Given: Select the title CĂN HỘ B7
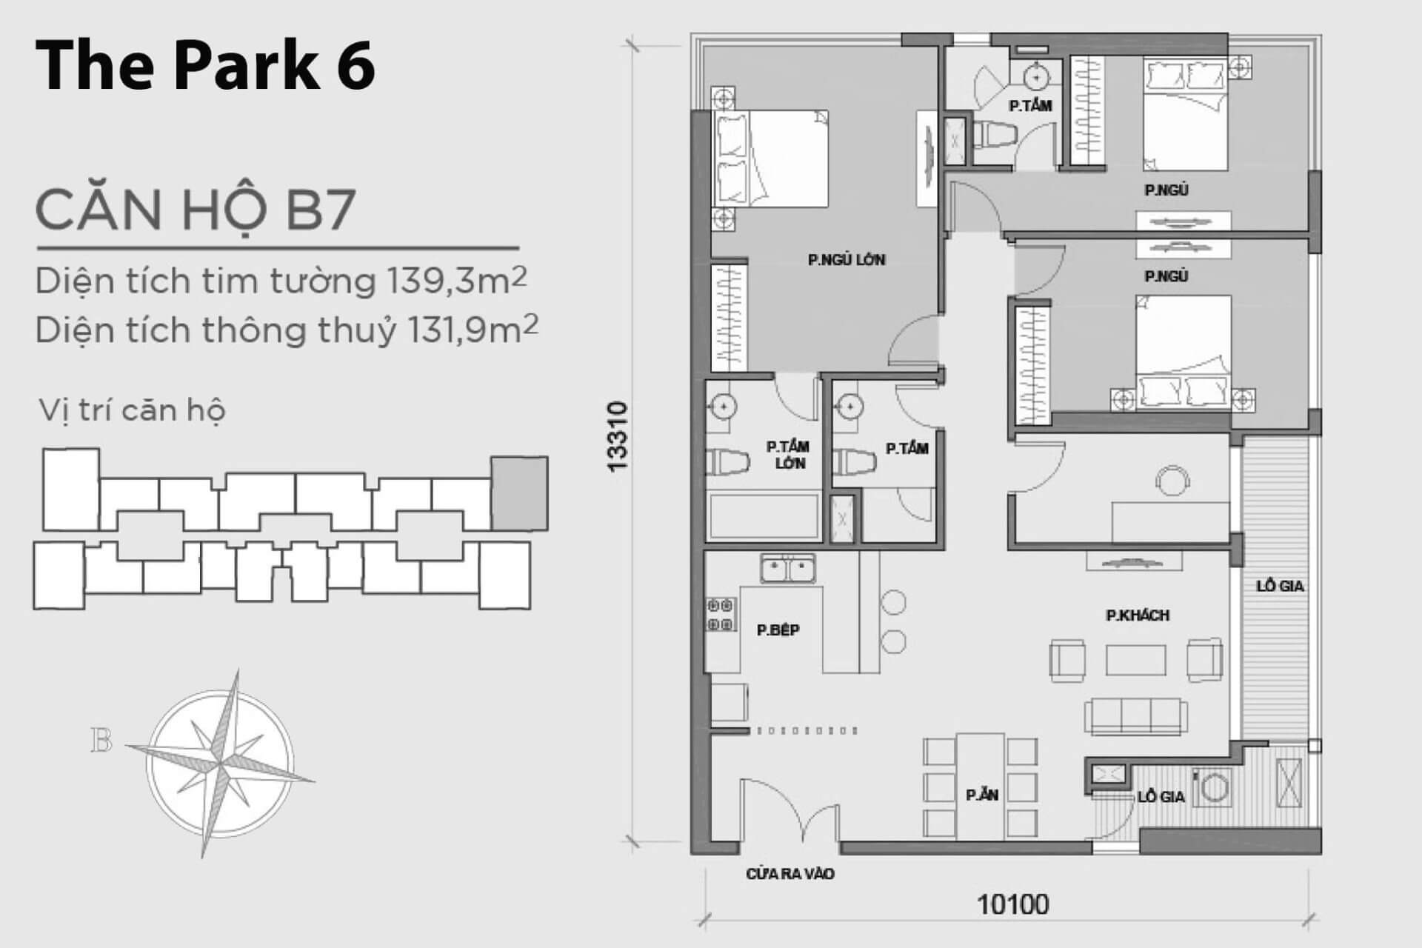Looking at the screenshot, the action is click(x=196, y=210).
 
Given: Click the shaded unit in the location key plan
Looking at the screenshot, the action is click(x=520, y=493).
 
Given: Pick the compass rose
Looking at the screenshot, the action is click(x=220, y=763).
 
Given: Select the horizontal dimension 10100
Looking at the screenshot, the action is click(x=1013, y=904).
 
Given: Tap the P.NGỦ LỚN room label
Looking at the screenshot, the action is click(x=847, y=260).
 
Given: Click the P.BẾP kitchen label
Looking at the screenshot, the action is click(x=778, y=630).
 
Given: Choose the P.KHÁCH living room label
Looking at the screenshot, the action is click(x=1138, y=615).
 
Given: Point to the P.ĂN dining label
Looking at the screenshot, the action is click(x=982, y=795).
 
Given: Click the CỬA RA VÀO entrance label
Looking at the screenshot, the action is click(x=790, y=874).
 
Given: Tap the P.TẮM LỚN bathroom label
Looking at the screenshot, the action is click(x=788, y=455).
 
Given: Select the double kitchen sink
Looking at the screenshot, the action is click(x=787, y=569).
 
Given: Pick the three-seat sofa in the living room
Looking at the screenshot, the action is click(x=1137, y=716).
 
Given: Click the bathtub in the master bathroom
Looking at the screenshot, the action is click(x=764, y=515).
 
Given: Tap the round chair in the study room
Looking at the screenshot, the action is click(x=1172, y=480).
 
